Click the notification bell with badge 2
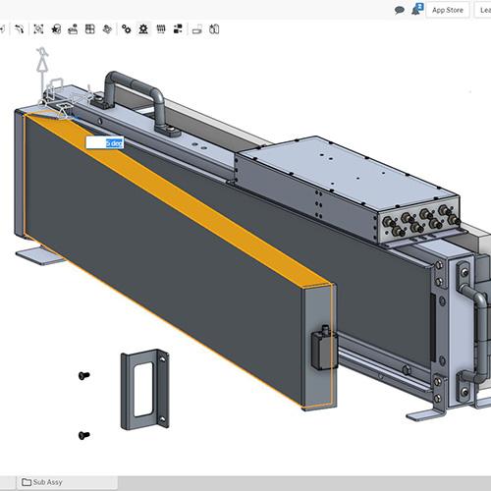click(x=417, y=9)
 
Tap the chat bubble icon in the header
click(x=400, y=10)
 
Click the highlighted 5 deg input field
click(x=104, y=143)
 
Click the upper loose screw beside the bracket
click(x=82, y=375)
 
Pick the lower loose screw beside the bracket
click(x=82, y=435)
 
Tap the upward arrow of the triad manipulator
click(x=41, y=65)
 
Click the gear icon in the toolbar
click(x=127, y=29)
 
